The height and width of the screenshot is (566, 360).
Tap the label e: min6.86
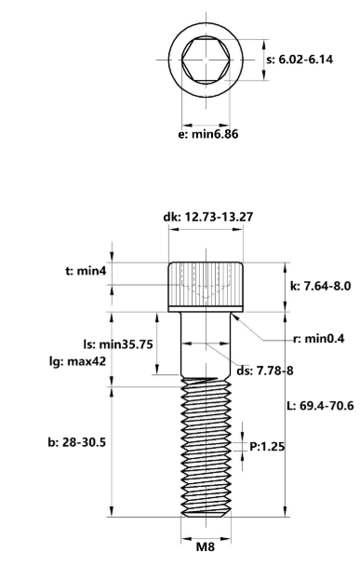208,134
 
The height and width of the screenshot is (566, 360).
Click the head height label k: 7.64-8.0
320,286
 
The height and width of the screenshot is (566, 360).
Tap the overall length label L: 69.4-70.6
322,407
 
